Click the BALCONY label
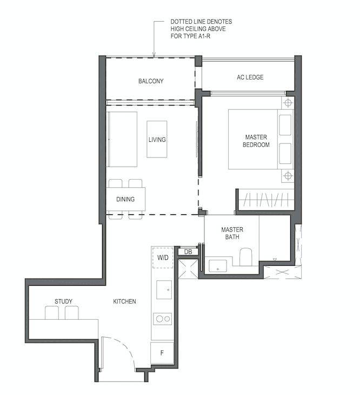point(151,81)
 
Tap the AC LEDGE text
point(250,77)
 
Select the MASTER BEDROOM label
point(256,141)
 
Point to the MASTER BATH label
point(232,233)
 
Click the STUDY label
point(63,301)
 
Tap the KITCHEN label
point(124,301)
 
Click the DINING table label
point(125,199)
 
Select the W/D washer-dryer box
point(163,258)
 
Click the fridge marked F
point(162,353)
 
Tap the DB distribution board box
point(188,252)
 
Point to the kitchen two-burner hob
point(163,319)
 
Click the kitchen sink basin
point(164,289)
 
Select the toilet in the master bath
point(246,256)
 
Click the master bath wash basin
point(218,266)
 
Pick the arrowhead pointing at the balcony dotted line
point(154,54)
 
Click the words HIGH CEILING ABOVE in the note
point(198,29)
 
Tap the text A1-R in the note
point(204,36)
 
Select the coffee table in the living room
point(157,139)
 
